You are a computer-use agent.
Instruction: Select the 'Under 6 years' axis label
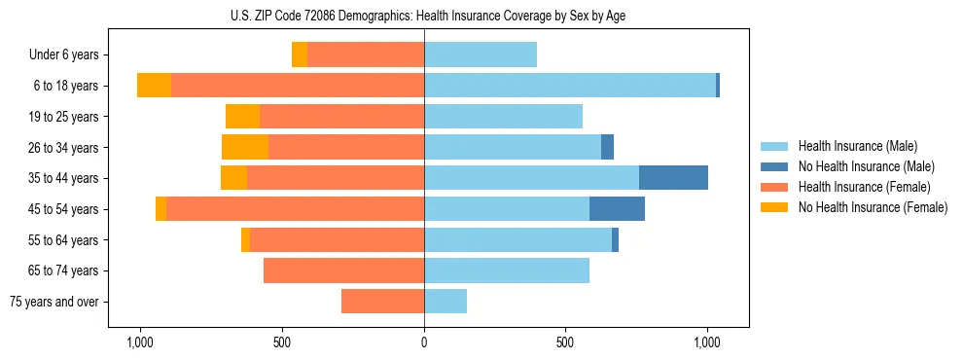click(63, 54)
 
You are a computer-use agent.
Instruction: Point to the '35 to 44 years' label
click(65, 178)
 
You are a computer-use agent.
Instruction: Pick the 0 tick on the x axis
click(424, 343)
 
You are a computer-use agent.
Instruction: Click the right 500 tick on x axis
click(565, 343)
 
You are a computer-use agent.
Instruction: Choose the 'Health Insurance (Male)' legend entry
click(857, 146)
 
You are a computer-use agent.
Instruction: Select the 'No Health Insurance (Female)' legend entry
click(873, 207)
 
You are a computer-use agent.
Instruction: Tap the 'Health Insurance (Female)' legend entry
click(864, 187)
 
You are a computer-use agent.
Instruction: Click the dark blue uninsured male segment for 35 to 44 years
click(673, 178)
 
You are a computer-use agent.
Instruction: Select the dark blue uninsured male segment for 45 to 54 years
click(617, 208)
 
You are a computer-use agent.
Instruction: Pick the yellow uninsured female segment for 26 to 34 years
click(245, 147)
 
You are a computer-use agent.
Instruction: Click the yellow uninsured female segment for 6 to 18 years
click(154, 86)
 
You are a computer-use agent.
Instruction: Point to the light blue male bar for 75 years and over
click(446, 302)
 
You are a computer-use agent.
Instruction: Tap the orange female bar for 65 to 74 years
click(343, 270)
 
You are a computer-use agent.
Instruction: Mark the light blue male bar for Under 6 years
click(481, 54)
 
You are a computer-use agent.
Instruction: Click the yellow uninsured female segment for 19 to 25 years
click(242, 117)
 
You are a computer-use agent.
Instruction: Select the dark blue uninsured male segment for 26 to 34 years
click(607, 147)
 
